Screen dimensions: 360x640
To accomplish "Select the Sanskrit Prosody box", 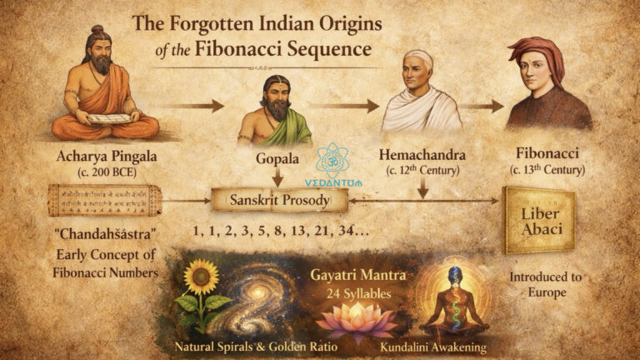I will tap(280, 200).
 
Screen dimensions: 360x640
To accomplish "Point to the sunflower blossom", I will tap(201, 277).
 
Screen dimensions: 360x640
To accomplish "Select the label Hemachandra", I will tap(421, 155).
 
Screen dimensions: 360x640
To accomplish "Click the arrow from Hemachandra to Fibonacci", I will tap(485, 106).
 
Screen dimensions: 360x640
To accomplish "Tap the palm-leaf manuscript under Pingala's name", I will tap(105, 199).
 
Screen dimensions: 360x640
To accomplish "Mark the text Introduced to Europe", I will tap(547, 284).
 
